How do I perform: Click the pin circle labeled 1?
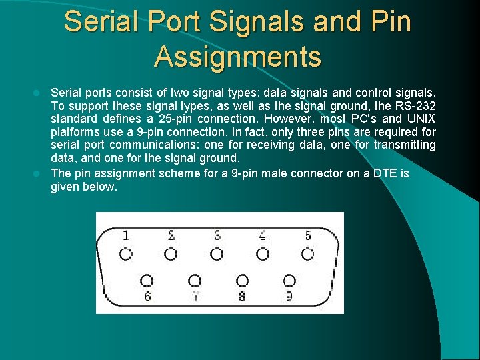(126, 254)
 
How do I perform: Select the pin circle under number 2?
(171, 254)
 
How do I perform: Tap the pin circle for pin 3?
(217, 254)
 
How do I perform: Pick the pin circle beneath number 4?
(263, 254)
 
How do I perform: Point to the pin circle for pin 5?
(307, 254)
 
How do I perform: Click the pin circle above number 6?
(147, 281)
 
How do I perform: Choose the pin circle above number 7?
(195, 281)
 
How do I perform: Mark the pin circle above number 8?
(242, 281)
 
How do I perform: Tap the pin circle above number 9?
(289, 281)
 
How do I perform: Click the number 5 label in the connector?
(307, 235)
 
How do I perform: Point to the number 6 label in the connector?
(147, 297)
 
